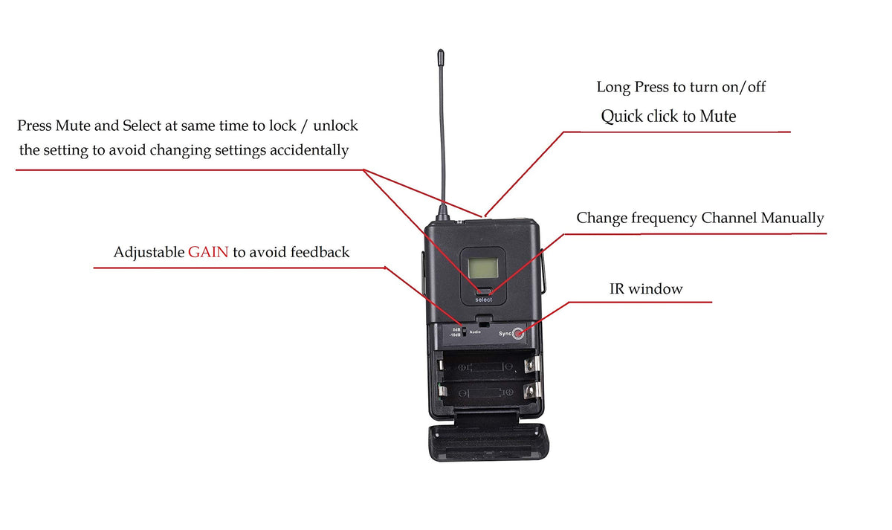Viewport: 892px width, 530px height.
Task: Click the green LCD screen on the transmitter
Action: pos(483,268)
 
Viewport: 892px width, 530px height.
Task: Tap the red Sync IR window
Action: pos(518,333)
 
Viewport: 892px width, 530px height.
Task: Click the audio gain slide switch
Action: pos(464,332)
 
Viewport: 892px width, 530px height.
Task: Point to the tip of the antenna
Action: pos(440,51)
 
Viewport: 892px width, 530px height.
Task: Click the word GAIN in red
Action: pos(208,252)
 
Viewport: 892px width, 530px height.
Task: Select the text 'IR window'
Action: pos(646,288)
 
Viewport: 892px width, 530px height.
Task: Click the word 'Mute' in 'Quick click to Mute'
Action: pos(718,116)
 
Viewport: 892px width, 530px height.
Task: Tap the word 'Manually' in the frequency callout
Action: pos(792,219)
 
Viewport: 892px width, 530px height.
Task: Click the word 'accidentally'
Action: pos(309,150)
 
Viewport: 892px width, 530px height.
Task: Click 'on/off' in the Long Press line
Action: pos(744,87)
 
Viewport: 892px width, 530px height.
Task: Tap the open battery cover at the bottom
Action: pos(488,443)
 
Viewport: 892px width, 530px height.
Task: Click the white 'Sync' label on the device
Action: pos(505,333)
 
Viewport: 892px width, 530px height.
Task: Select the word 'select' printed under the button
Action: pos(483,300)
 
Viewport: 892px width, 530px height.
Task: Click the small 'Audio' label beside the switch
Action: pos(475,332)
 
